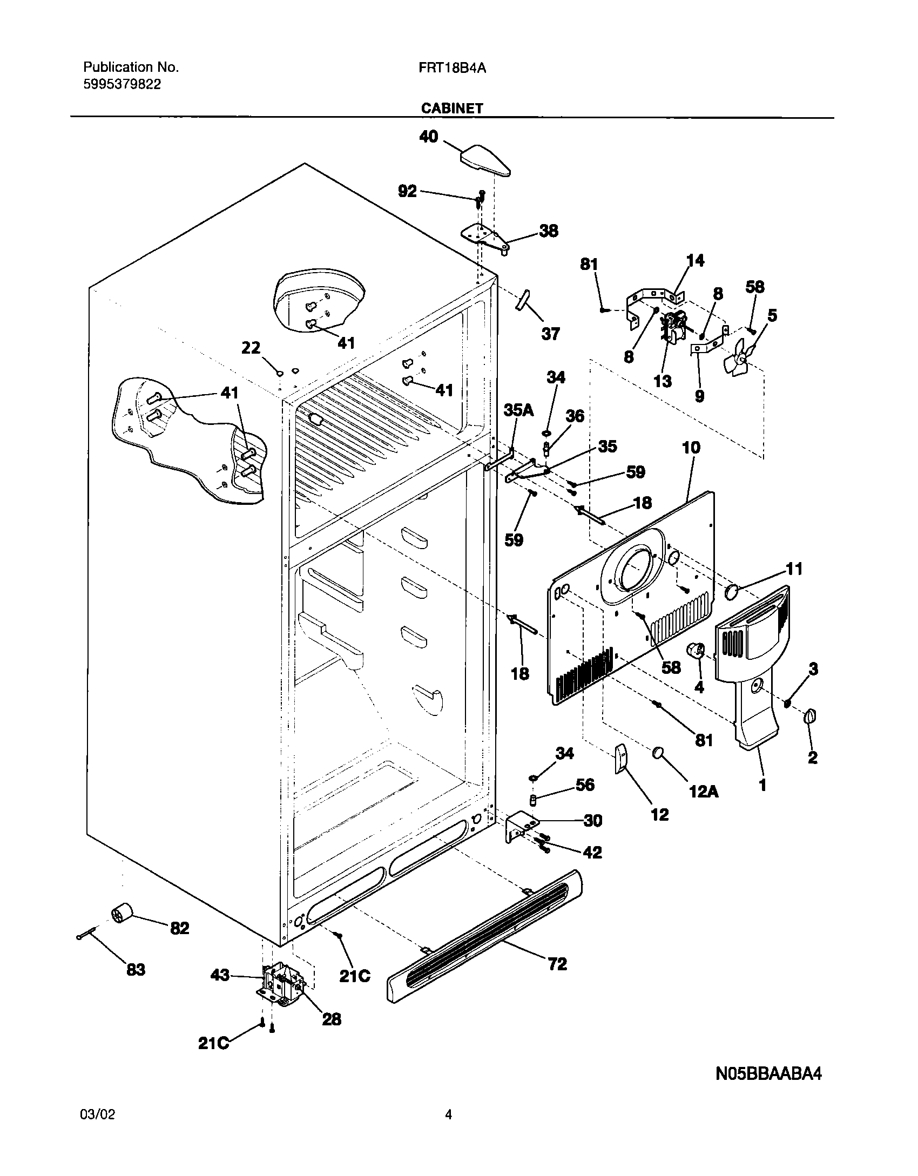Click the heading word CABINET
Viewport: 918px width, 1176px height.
[451, 108]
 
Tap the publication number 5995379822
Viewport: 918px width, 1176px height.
[122, 84]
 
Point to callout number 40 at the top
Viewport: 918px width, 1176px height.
[429, 137]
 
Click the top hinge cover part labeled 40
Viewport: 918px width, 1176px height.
[485, 161]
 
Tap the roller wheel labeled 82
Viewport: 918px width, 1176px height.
[122, 915]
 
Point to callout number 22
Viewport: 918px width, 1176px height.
[251, 348]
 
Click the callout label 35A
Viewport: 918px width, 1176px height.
[518, 410]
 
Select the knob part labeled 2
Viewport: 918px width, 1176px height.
[810, 717]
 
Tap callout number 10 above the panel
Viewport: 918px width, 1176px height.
[691, 448]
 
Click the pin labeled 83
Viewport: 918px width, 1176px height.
[87, 934]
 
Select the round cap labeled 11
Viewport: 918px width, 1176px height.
[732, 592]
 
